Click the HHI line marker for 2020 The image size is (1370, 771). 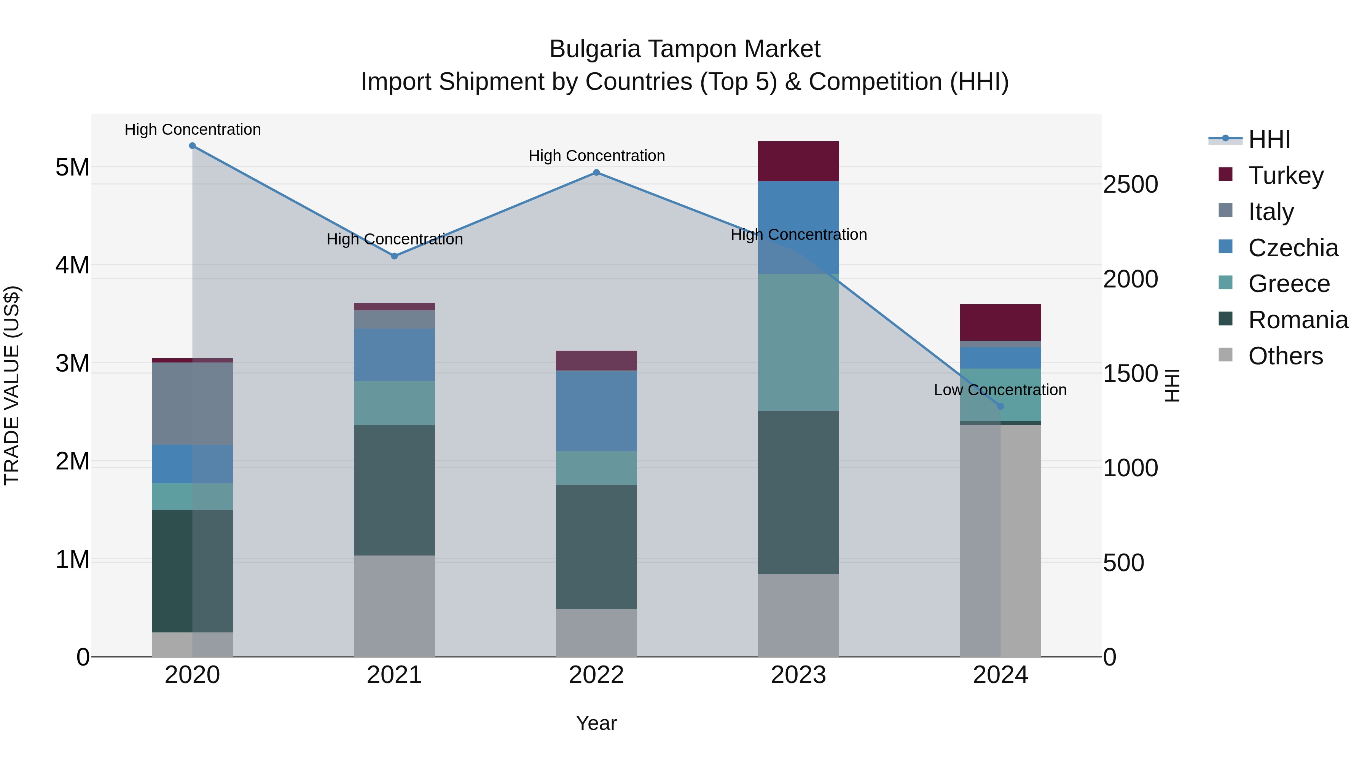point(193,146)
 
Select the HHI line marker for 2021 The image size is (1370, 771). point(395,256)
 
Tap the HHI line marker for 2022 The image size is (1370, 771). point(596,172)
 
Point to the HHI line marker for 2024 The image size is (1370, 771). point(1000,407)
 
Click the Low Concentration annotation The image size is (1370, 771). point(1000,390)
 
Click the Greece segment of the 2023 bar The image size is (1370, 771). point(798,342)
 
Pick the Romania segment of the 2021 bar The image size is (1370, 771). point(395,490)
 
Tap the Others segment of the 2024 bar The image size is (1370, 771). point(1000,540)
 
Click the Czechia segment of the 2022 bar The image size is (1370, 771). point(596,411)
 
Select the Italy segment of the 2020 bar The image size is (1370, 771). point(193,403)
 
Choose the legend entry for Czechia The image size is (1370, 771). point(1292,248)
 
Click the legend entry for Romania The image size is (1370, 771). point(1298,320)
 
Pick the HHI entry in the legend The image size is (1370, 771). point(1268,139)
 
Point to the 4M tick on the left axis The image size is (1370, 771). point(72,265)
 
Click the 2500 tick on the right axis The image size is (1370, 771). point(1131,185)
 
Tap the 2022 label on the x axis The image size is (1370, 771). point(596,675)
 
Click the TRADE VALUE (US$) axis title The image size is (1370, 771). point(12,385)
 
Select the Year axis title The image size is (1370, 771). point(596,723)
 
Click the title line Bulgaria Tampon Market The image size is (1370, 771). point(685,49)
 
